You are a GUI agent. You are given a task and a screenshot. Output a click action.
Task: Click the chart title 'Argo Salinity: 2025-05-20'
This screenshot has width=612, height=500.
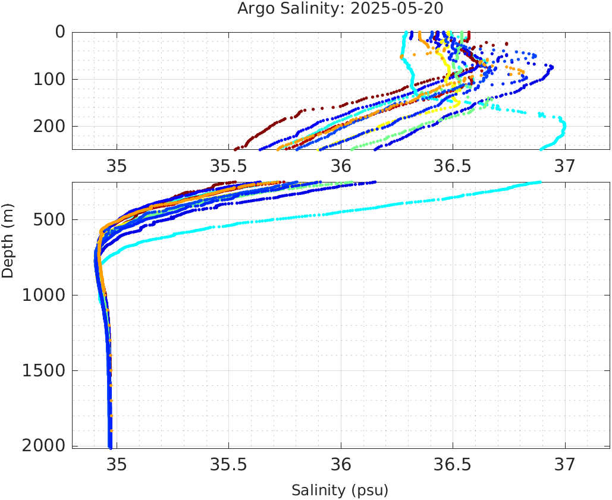pyautogui.click(x=340, y=9)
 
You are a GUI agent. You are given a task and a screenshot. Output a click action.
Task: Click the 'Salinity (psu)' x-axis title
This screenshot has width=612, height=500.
pyautogui.click(x=340, y=490)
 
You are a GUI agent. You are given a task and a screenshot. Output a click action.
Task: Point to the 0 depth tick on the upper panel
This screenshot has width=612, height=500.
pyautogui.click(x=60, y=32)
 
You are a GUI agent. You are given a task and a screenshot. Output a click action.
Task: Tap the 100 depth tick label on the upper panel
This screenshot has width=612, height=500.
pyautogui.click(x=49, y=79)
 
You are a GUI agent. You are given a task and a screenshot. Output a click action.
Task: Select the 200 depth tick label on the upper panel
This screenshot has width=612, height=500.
pyautogui.click(x=49, y=126)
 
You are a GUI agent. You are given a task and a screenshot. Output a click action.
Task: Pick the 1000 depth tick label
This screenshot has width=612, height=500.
pyautogui.click(x=44, y=295)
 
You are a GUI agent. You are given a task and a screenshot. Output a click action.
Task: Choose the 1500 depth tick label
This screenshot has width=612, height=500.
pyautogui.click(x=44, y=371)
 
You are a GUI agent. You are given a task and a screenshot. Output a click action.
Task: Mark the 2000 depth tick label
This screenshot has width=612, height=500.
pyautogui.click(x=44, y=446)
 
